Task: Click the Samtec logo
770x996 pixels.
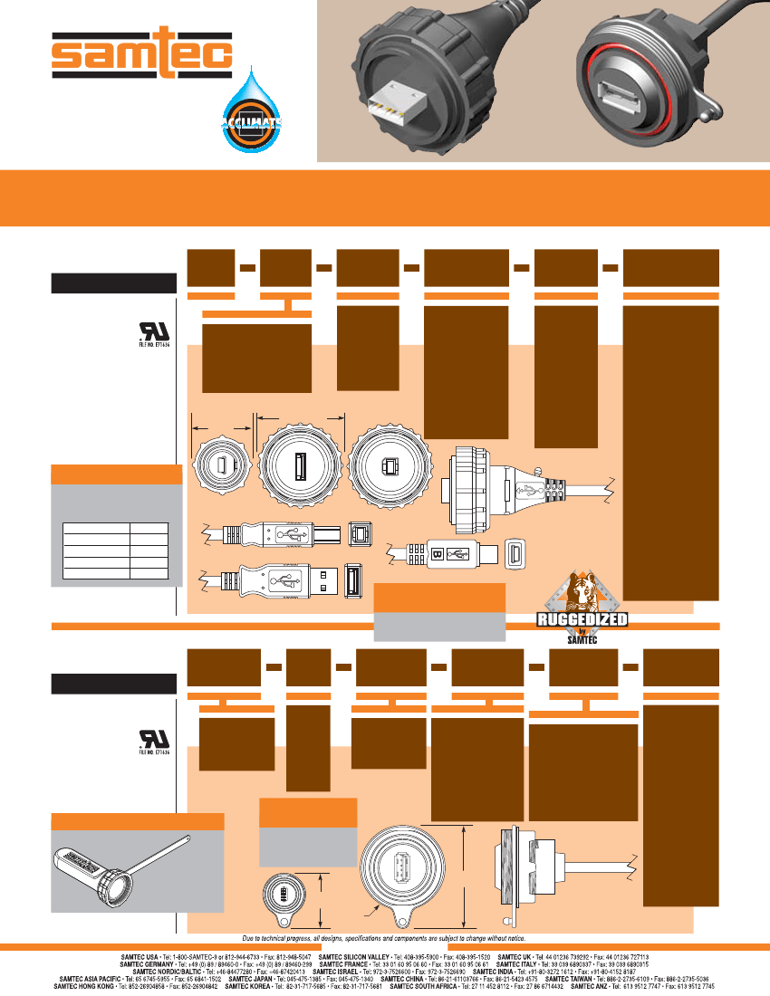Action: coord(140,57)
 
